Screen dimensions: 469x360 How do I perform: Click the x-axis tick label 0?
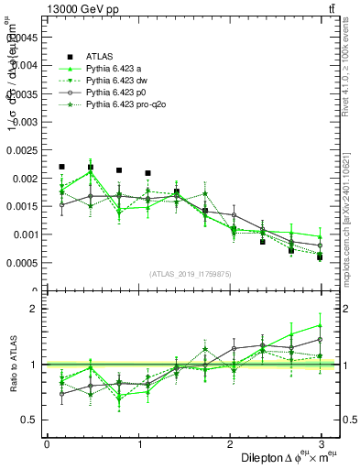[47, 444]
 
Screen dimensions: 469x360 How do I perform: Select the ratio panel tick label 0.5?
[30, 420]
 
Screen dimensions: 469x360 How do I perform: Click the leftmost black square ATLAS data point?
[61, 167]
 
